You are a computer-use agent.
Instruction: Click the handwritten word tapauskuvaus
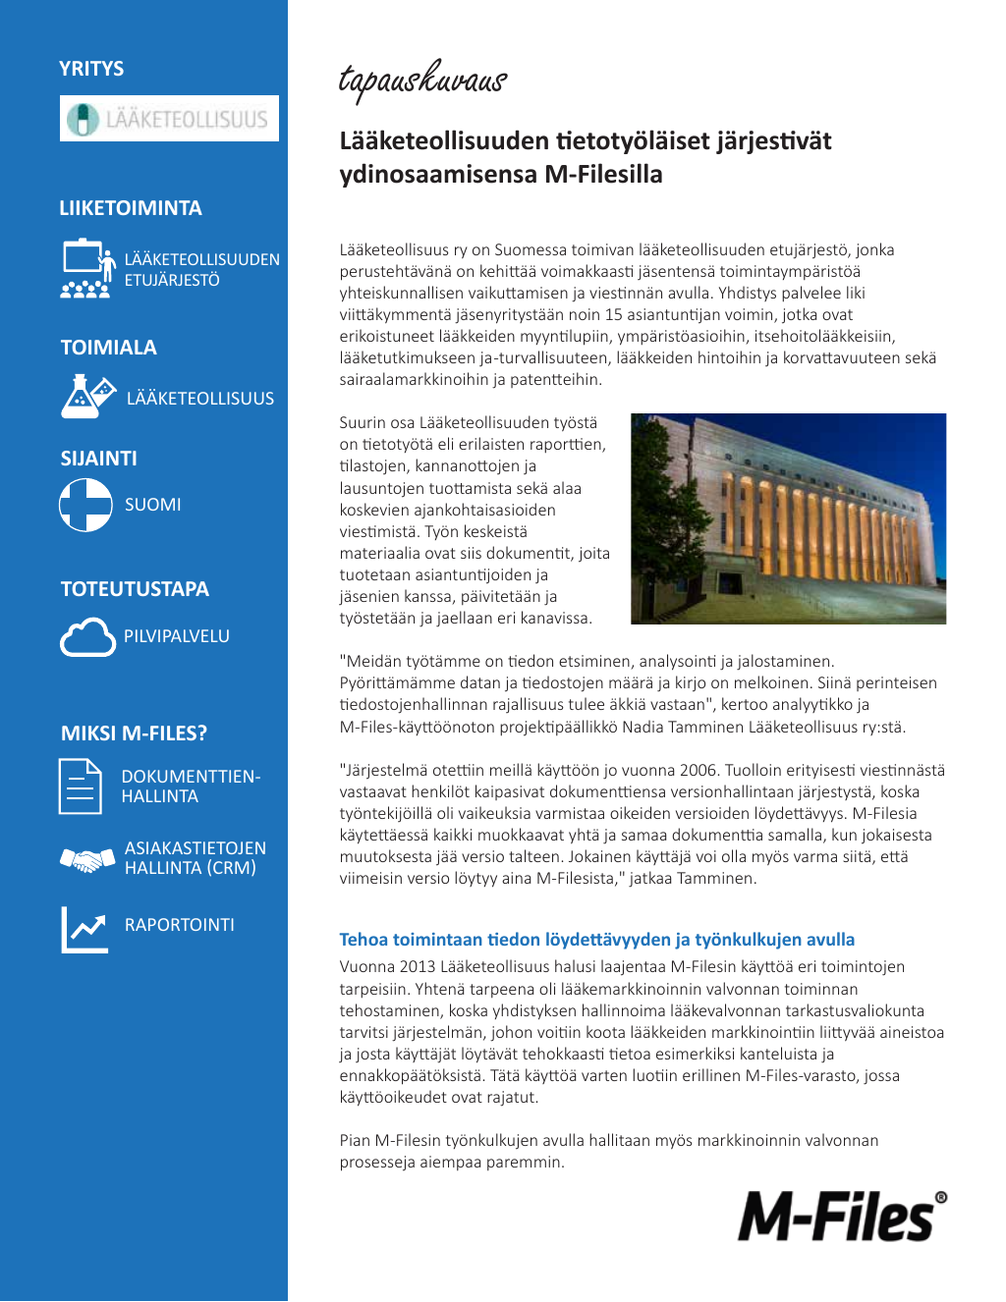pyautogui.click(x=422, y=81)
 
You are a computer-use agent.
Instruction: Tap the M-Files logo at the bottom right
pyautogui.click(x=842, y=1216)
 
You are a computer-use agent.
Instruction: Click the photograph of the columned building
pyautogui.click(x=788, y=518)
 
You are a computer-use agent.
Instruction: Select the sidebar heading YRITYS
pyautogui.click(x=91, y=69)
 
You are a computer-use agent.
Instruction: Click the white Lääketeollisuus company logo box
pyautogui.click(x=169, y=119)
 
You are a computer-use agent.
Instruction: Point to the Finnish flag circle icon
pyautogui.click(x=85, y=505)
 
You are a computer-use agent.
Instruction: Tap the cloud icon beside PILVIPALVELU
pyautogui.click(x=87, y=637)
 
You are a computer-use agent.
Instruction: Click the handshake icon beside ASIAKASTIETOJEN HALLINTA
pyautogui.click(x=87, y=860)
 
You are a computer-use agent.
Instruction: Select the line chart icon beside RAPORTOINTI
pyautogui.click(x=85, y=929)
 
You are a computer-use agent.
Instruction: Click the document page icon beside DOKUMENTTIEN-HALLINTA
pyautogui.click(x=80, y=787)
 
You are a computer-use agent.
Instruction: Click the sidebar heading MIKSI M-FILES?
pyautogui.click(x=134, y=733)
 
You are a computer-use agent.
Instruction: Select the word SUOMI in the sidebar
pyautogui.click(x=152, y=505)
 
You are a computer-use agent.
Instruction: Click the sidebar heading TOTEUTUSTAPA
pyautogui.click(x=135, y=589)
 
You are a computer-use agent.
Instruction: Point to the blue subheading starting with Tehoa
pyautogui.click(x=596, y=940)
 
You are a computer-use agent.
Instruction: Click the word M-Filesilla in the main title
pyautogui.click(x=603, y=175)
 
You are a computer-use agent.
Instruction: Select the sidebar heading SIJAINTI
pyautogui.click(x=98, y=459)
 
